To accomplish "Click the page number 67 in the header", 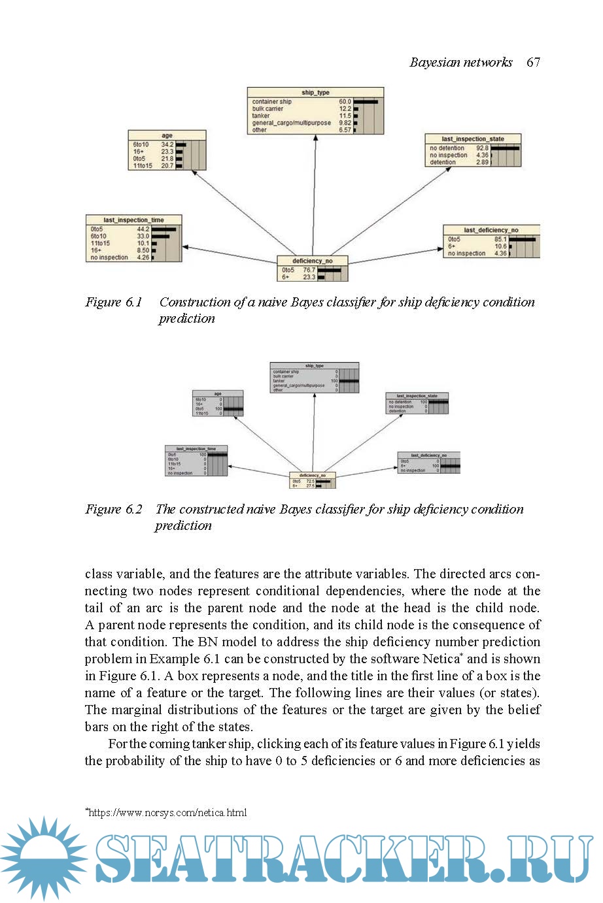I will (533, 62).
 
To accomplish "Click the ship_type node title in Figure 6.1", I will (315, 93).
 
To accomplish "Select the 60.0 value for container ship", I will (345, 102).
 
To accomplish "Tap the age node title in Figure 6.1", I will (167, 136).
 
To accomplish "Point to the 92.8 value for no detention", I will (482, 148).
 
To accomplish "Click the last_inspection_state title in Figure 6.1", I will (473, 139).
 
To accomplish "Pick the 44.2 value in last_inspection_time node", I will (143, 229).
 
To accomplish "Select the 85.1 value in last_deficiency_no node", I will (500, 239).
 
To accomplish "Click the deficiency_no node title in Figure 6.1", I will (312, 261).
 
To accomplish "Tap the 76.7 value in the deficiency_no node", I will (309, 270).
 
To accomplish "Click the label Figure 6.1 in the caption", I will (114, 302).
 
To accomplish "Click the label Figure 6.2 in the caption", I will (114, 509).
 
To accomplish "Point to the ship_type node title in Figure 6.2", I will (314, 366).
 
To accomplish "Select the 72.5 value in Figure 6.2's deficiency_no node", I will (310, 482).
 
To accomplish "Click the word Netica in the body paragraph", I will (441, 659).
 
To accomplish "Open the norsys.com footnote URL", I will (167, 813).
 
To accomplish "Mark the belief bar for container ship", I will (366, 102).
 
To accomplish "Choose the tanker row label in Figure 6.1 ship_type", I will (261, 116).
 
